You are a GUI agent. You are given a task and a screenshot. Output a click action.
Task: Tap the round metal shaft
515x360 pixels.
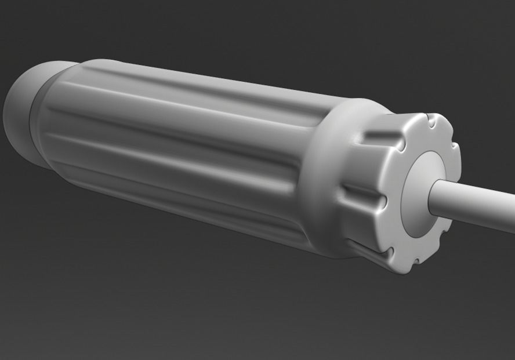pyautogui.click(x=476, y=200)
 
